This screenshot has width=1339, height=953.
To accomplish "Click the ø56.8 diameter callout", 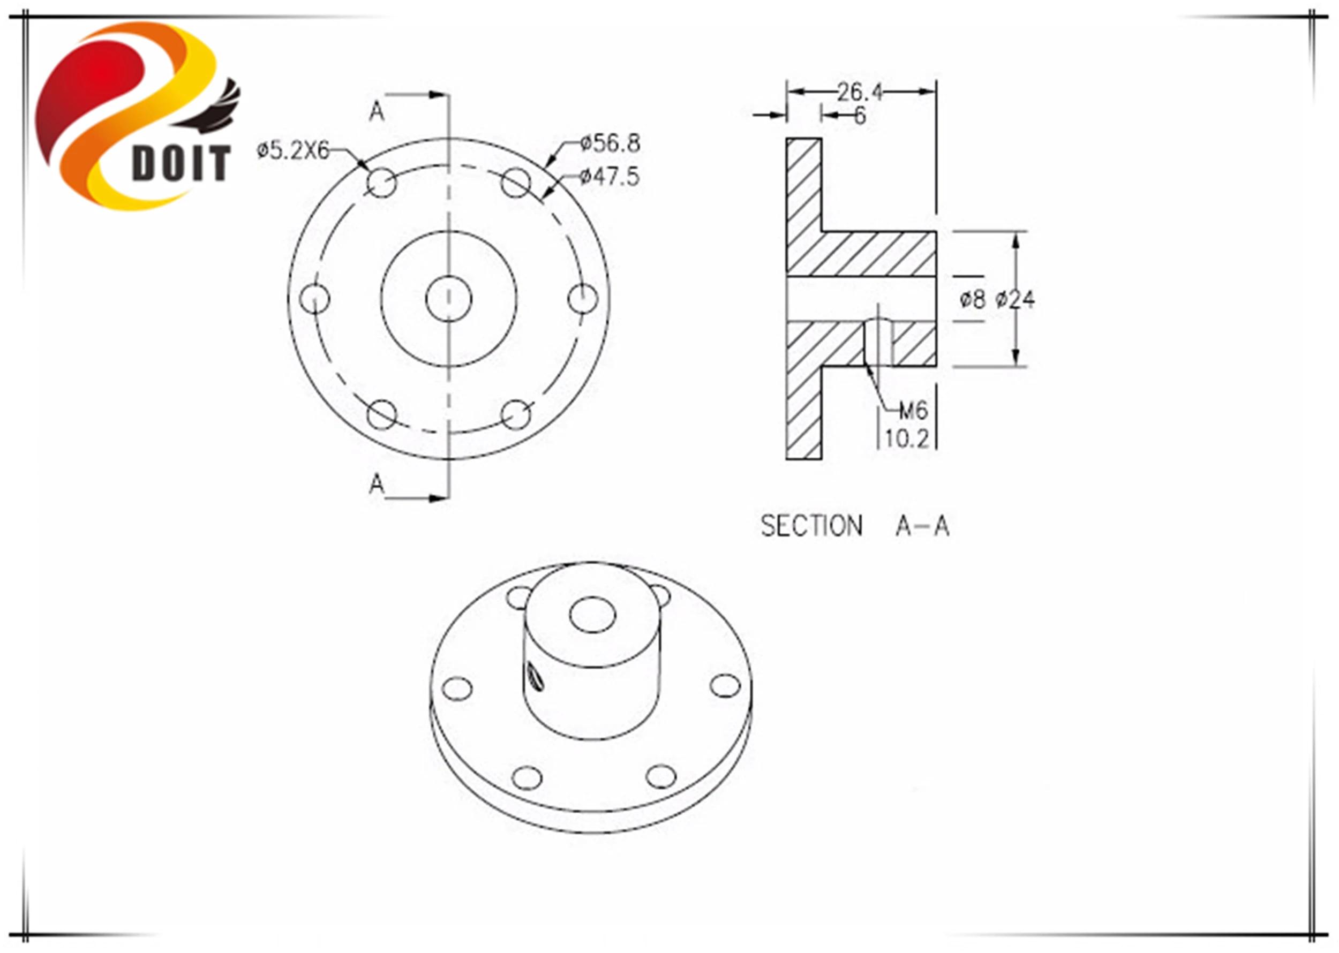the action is [x=610, y=143].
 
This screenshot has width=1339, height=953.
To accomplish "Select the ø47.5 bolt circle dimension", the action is [x=610, y=177].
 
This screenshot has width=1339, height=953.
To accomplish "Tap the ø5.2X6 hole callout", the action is [x=293, y=151].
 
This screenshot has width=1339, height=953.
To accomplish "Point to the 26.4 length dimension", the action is [x=860, y=92].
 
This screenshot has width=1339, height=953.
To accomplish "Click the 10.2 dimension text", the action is [x=907, y=439].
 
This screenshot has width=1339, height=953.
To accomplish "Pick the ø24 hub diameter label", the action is [x=1015, y=300].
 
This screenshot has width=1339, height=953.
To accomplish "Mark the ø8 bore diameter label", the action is [x=972, y=300].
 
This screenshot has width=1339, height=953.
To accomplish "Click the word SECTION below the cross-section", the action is [x=811, y=526].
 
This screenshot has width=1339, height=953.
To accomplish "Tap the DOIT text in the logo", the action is [x=182, y=163].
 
